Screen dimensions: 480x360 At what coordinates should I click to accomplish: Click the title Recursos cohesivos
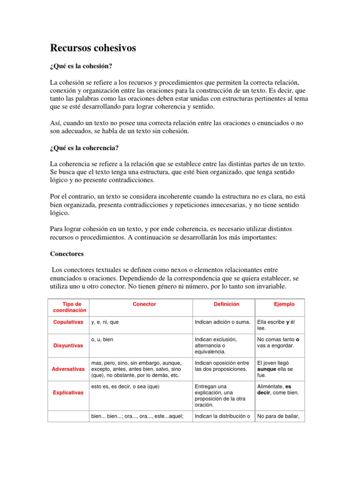[x=93, y=48]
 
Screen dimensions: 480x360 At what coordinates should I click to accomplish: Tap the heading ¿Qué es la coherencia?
[x=84, y=148]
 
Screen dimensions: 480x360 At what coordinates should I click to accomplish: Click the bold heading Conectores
[x=67, y=254]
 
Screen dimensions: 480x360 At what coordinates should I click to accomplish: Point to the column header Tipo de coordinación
[x=68, y=307]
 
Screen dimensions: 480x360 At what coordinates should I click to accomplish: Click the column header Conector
[x=144, y=304]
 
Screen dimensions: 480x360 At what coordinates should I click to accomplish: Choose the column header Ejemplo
[x=284, y=304]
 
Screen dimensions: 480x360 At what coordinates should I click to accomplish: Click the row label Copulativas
[x=68, y=322]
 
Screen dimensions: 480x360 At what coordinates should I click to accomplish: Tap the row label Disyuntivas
[x=68, y=345]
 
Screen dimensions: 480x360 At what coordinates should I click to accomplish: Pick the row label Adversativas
[x=68, y=369]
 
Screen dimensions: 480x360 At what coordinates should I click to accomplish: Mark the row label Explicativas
[x=68, y=392]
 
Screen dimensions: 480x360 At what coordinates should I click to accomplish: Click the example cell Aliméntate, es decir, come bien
[x=277, y=390]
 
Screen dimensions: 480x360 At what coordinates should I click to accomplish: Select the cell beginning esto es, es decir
[x=125, y=387]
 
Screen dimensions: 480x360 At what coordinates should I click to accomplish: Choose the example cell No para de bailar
[x=278, y=416]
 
